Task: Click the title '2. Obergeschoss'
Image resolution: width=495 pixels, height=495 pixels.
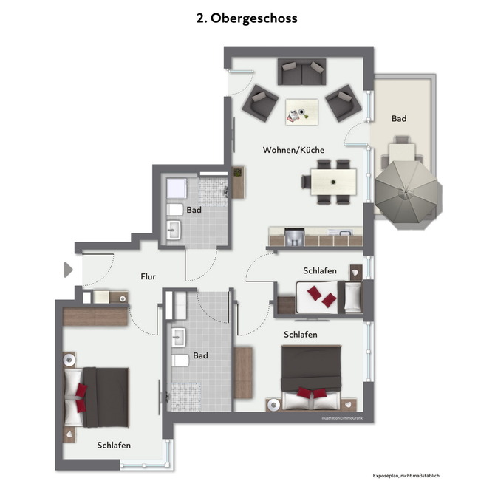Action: point(247,18)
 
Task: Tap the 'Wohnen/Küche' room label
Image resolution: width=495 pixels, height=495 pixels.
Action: point(293,150)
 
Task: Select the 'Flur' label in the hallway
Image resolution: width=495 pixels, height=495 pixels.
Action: point(148,276)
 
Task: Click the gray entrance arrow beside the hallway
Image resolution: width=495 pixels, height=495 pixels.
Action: point(68,270)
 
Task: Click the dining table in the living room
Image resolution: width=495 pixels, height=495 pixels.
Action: point(333,181)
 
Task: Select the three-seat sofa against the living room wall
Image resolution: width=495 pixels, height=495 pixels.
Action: point(301,72)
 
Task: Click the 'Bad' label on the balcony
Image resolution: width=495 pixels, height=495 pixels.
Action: point(399,118)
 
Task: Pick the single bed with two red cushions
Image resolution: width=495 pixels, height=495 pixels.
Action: point(329,297)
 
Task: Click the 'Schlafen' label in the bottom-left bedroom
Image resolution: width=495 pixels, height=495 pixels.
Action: point(114,445)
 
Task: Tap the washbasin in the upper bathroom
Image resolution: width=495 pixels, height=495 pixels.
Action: point(174,231)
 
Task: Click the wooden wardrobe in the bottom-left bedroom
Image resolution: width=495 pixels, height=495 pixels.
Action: point(95,316)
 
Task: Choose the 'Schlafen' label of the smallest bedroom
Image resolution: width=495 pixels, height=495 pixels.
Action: point(319,271)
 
